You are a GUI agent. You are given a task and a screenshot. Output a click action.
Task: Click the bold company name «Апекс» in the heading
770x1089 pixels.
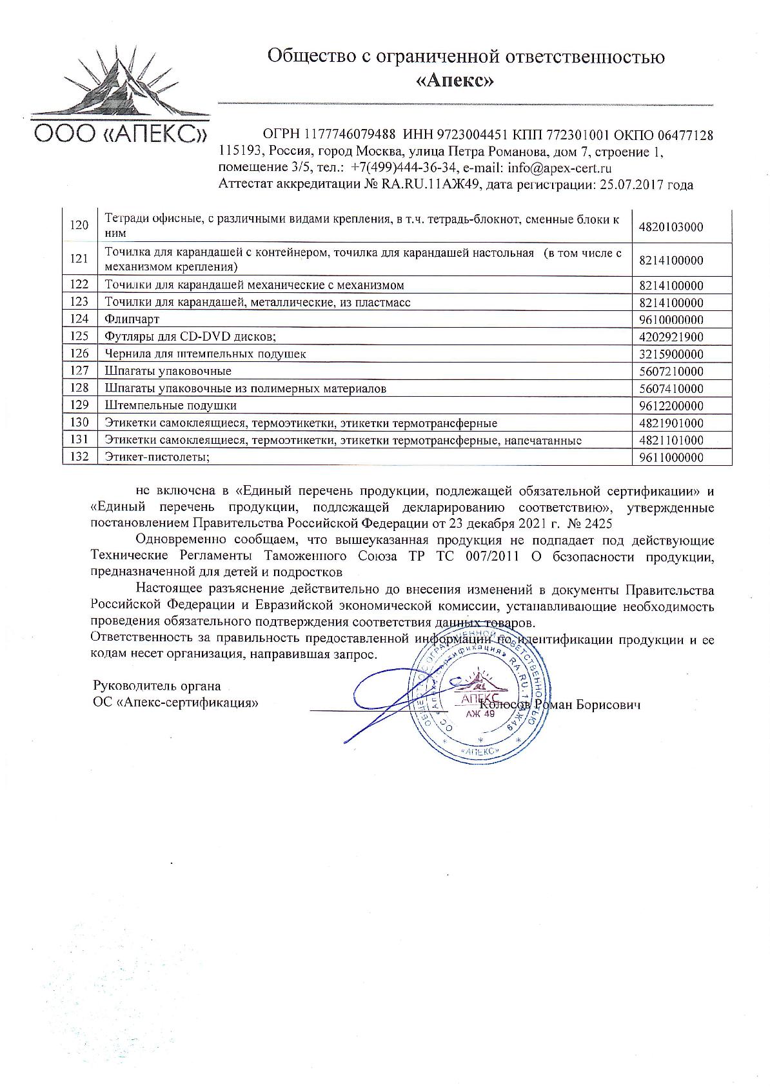(466, 81)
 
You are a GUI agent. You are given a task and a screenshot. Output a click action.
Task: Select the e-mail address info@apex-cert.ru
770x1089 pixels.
(560, 168)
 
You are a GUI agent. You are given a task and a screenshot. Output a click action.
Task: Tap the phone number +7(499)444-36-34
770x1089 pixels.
(404, 168)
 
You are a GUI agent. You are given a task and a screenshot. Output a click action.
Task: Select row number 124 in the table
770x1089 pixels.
(79, 319)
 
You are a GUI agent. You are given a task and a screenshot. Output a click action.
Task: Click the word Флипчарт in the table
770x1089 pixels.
(132, 319)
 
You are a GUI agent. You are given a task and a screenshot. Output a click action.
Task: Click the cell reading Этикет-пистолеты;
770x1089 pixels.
(158, 457)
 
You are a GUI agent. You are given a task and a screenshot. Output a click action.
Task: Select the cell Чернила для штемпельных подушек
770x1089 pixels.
(205, 354)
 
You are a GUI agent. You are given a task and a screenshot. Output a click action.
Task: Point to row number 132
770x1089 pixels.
(79, 457)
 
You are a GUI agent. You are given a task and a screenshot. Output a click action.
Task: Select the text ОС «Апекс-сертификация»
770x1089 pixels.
(175, 703)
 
